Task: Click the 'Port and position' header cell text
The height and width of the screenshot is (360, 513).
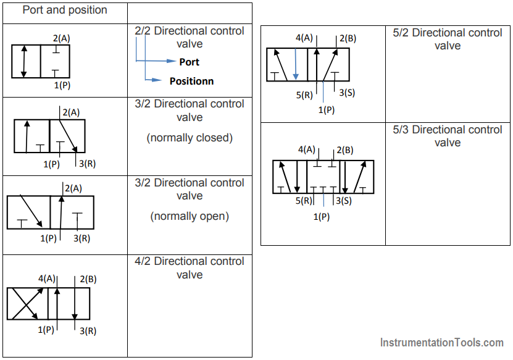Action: pos(65,10)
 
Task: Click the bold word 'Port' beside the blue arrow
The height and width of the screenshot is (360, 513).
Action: pos(189,62)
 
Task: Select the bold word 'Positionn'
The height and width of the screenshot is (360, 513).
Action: pos(192,81)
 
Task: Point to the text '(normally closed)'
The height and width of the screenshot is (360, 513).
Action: pos(190,138)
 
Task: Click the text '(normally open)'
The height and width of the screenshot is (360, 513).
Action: pos(190,216)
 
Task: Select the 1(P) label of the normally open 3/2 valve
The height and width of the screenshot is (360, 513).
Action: pos(48,238)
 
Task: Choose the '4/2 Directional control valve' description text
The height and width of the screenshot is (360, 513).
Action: pos(190,268)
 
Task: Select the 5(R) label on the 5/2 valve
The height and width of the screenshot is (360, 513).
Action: pos(304,95)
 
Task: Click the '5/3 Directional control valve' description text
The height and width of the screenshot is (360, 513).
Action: pos(448,136)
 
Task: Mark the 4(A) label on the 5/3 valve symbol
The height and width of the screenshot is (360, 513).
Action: pos(307,150)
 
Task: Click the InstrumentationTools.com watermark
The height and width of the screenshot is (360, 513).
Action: pos(441,342)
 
